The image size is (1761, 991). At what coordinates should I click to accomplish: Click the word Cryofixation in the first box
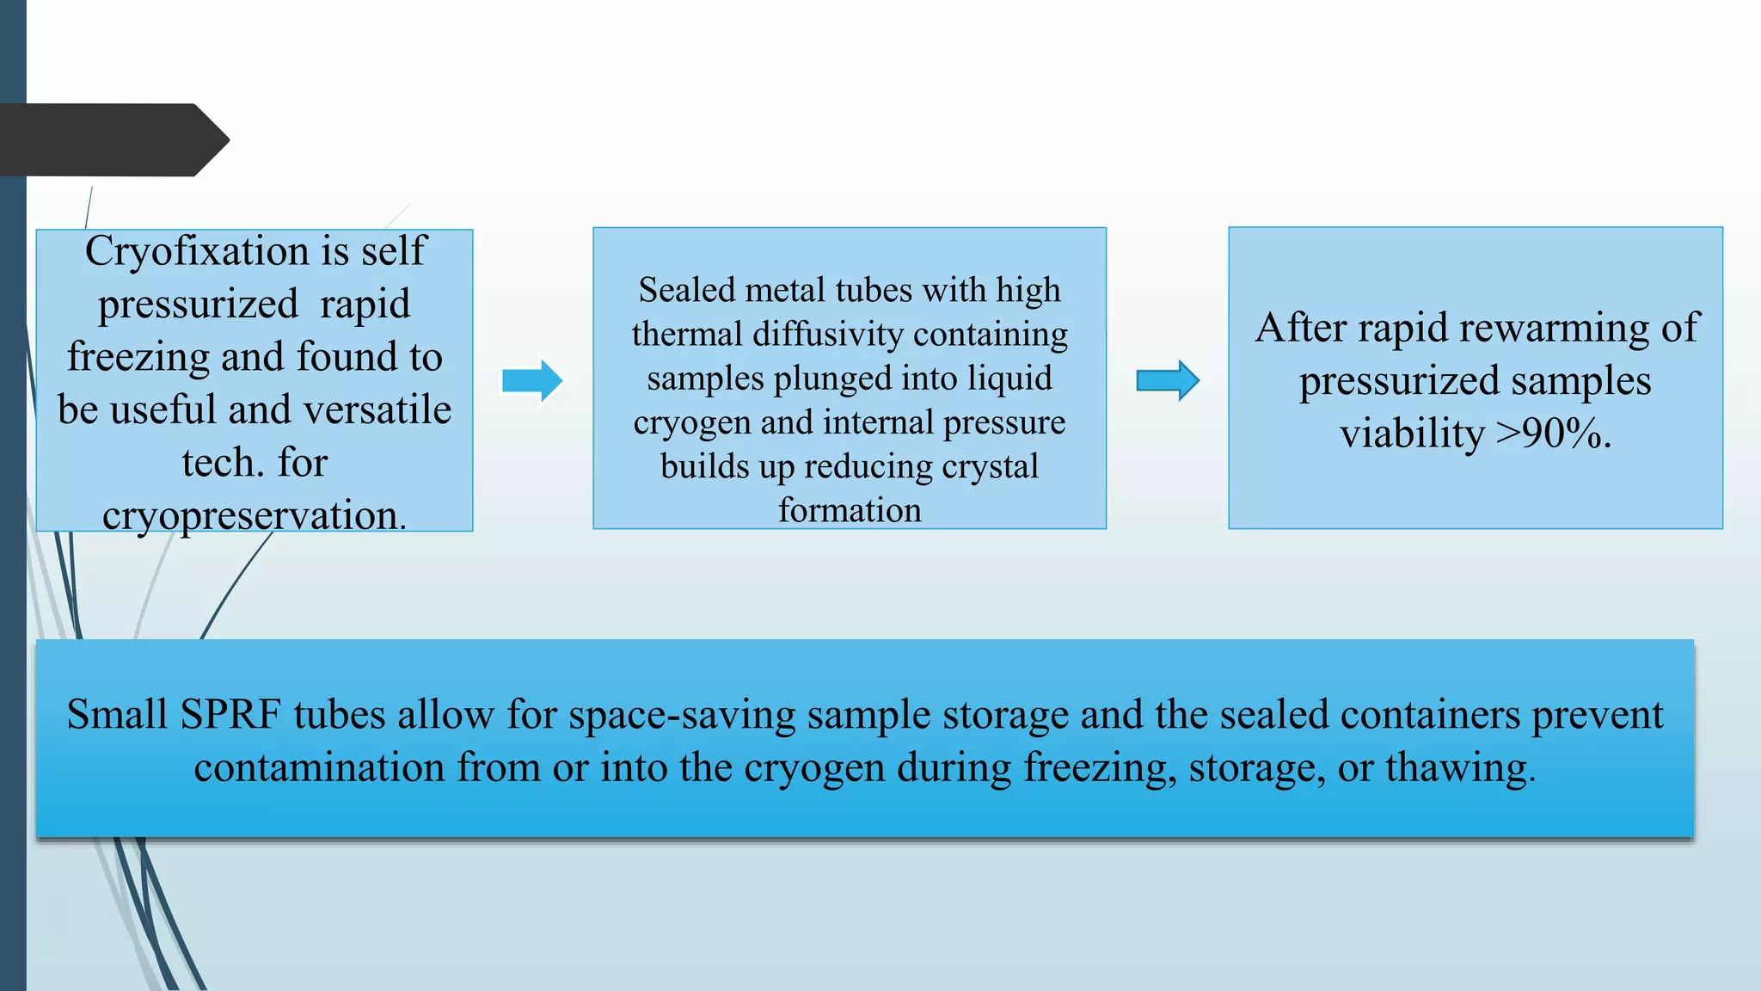(x=197, y=252)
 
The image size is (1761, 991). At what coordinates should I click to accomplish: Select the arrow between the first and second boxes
(x=532, y=380)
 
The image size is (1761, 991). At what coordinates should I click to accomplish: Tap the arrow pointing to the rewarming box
(x=1168, y=380)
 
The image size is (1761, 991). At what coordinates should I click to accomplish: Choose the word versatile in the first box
(x=377, y=409)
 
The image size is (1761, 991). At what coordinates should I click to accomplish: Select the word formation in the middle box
(x=850, y=510)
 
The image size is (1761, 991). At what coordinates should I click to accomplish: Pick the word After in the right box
(x=1301, y=328)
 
